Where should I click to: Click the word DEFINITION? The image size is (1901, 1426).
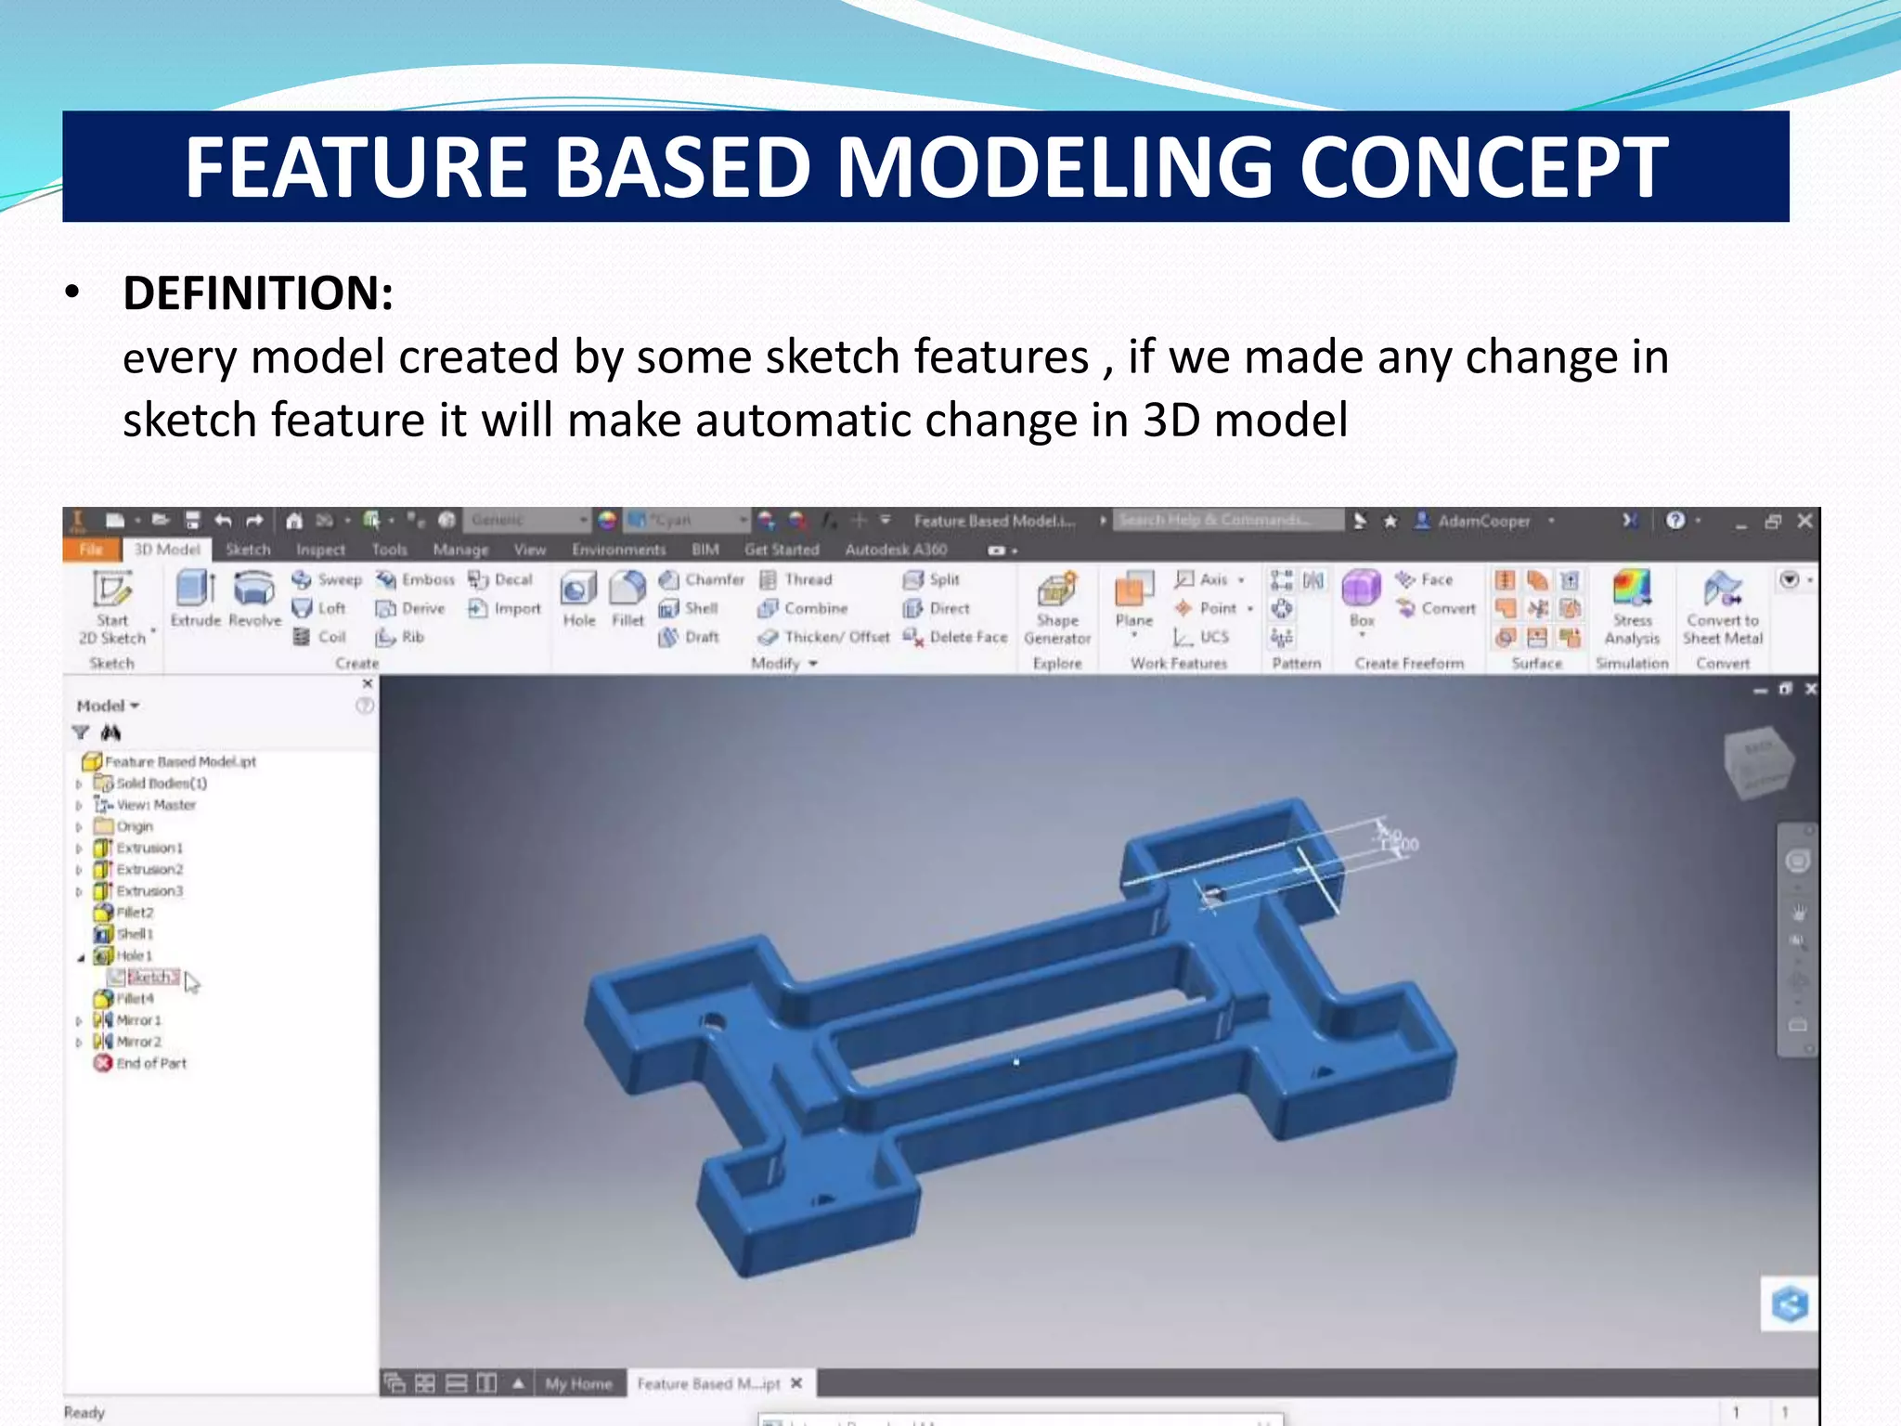point(258,293)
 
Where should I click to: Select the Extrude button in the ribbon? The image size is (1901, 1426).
point(195,599)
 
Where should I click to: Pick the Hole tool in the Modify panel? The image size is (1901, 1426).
point(578,599)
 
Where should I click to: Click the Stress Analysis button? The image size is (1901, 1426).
point(1631,608)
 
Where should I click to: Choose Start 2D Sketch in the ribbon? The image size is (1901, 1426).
point(112,608)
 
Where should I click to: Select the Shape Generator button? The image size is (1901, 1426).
point(1056,608)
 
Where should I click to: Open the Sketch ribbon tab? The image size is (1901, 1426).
point(248,550)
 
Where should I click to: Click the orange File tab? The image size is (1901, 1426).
point(91,550)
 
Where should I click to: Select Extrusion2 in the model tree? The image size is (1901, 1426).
point(149,869)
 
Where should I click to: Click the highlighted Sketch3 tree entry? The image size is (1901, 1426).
point(151,977)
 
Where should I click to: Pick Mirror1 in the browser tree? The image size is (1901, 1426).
point(138,1020)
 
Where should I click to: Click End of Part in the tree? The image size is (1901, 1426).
point(150,1063)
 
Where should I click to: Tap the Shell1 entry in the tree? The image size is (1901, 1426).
point(134,934)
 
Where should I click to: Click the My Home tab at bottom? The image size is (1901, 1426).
point(578,1384)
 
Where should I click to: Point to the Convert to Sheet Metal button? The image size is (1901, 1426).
point(1722,608)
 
